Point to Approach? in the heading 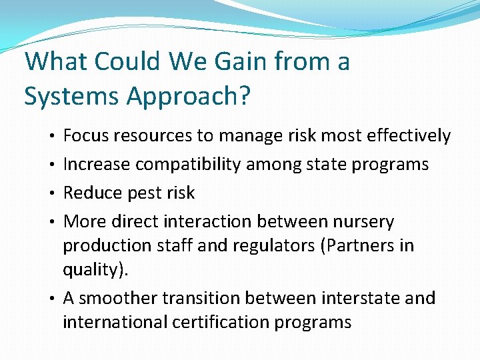[x=188, y=97]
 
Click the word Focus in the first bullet [x=85, y=136]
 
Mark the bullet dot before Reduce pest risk [x=52, y=193]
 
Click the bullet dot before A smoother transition [x=52, y=298]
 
